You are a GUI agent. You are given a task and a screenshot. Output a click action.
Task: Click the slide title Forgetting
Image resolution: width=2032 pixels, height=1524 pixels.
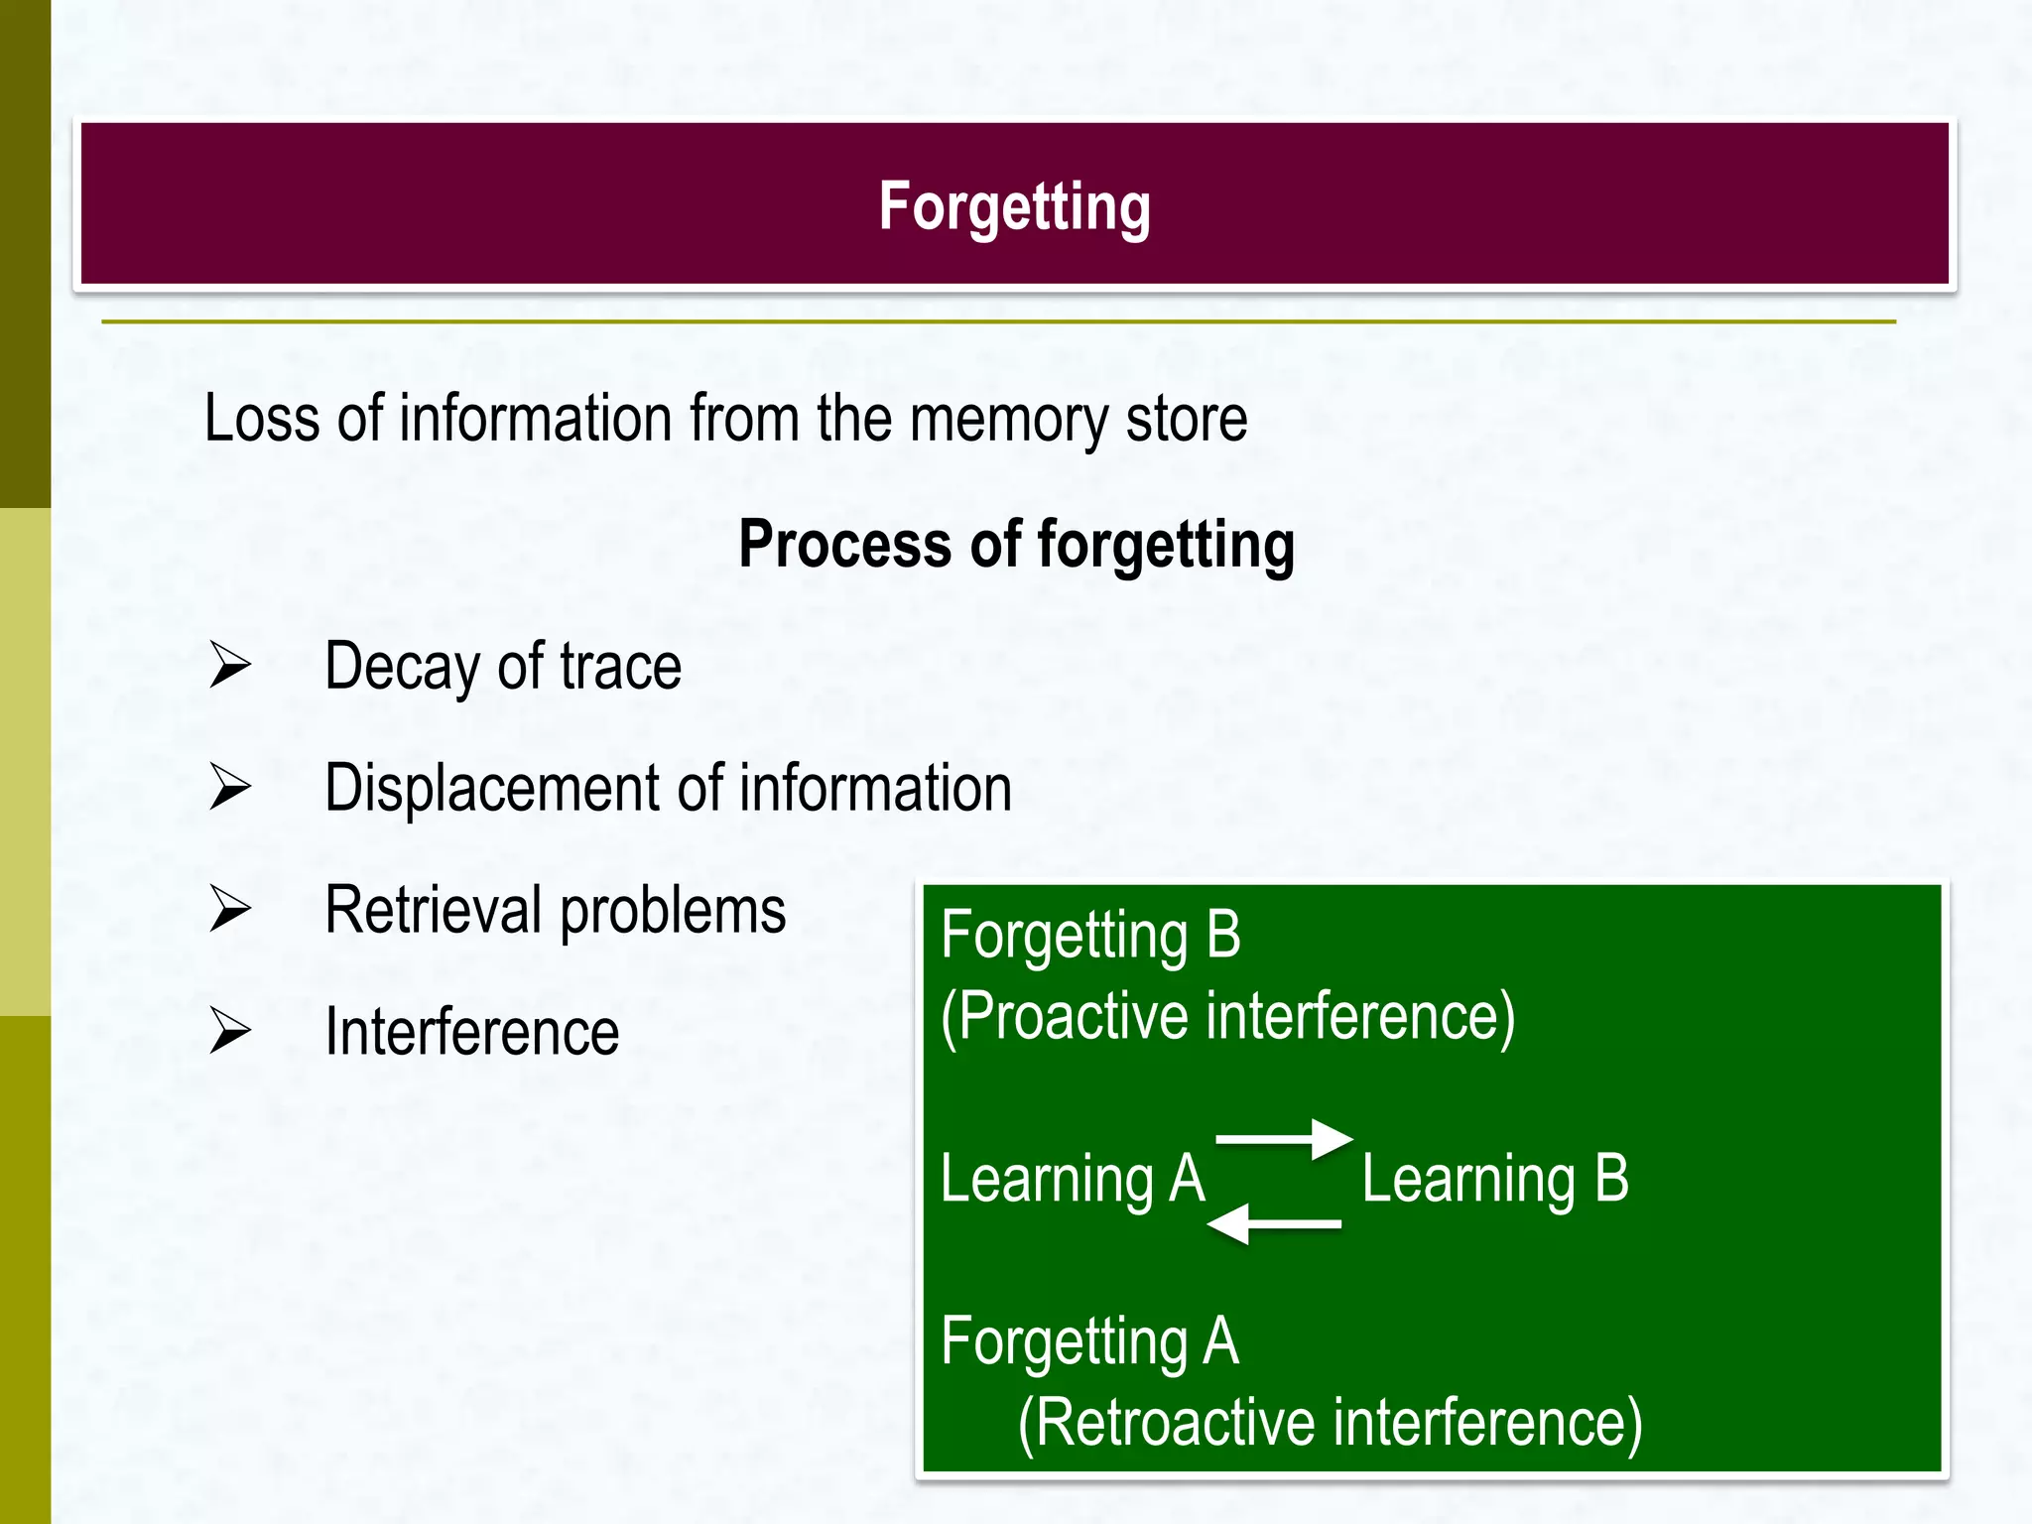click(x=1014, y=206)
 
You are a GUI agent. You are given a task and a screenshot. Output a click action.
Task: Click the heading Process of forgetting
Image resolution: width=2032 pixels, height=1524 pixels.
click(x=1016, y=545)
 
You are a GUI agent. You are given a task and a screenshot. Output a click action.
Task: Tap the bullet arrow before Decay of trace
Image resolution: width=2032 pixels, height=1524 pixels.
click(x=230, y=665)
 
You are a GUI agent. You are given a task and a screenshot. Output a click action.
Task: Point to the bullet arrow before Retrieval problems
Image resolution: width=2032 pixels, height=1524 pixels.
click(x=230, y=909)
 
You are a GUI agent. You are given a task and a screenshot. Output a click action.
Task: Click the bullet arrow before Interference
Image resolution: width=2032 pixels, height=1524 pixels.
click(x=230, y=1031)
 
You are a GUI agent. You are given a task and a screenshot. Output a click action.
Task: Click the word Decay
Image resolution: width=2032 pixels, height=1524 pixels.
click(x=404, y=667)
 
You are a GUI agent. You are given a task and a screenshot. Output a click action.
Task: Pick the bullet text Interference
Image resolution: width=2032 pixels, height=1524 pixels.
click(x=472, y=1032)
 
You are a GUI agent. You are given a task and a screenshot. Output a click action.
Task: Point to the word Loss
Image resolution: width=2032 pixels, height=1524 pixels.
click(x=261, y=419)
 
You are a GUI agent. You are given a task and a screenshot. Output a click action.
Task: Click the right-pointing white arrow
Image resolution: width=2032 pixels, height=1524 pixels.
click(x=1285, y=1138)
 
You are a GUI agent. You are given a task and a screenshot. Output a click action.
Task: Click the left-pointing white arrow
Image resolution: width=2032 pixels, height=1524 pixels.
click(x=1274, y=1224)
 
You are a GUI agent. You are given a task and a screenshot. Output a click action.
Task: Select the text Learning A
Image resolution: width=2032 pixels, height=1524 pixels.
click(x=1073, y=1180)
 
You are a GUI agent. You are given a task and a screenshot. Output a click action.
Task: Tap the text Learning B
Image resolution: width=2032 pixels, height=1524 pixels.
click(x=1495, y=1180)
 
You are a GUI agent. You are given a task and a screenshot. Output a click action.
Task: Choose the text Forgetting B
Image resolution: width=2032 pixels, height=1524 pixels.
click(x=1090, y=936)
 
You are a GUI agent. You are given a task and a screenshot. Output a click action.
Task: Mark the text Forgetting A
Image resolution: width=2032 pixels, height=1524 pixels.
click(x=1089, y=1341)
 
